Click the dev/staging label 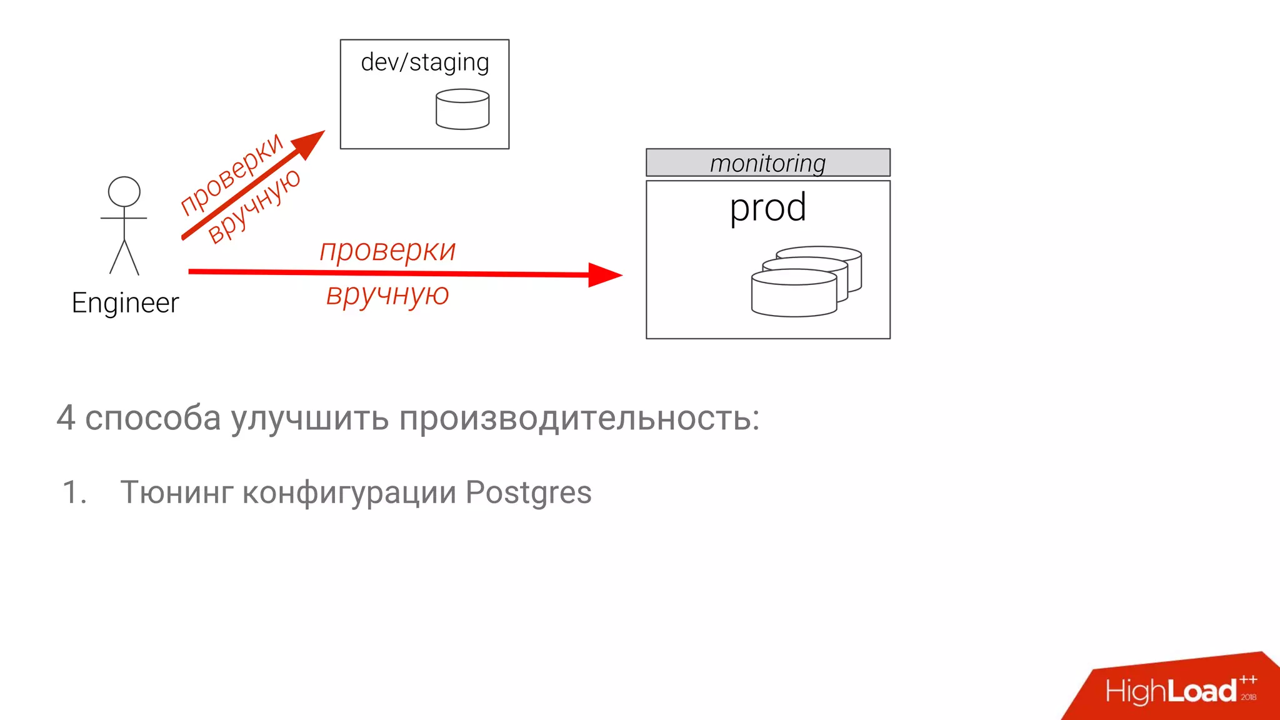(x=425, y=62)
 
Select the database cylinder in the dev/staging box (x=462, y=109)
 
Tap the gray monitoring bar (x=767, y=163)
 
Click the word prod (x=767, y=207)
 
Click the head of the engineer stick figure (x=124, y=191)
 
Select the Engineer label (x=125, y=303)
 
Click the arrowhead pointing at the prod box (x=604, y=274)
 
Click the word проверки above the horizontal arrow (x=387, y=251)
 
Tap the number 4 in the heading (x=66, y=417)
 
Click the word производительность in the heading (x=579, y=417)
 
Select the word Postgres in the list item (x=528, y=492)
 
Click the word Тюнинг (x=176, y=492)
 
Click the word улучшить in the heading (x=310, y=417)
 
